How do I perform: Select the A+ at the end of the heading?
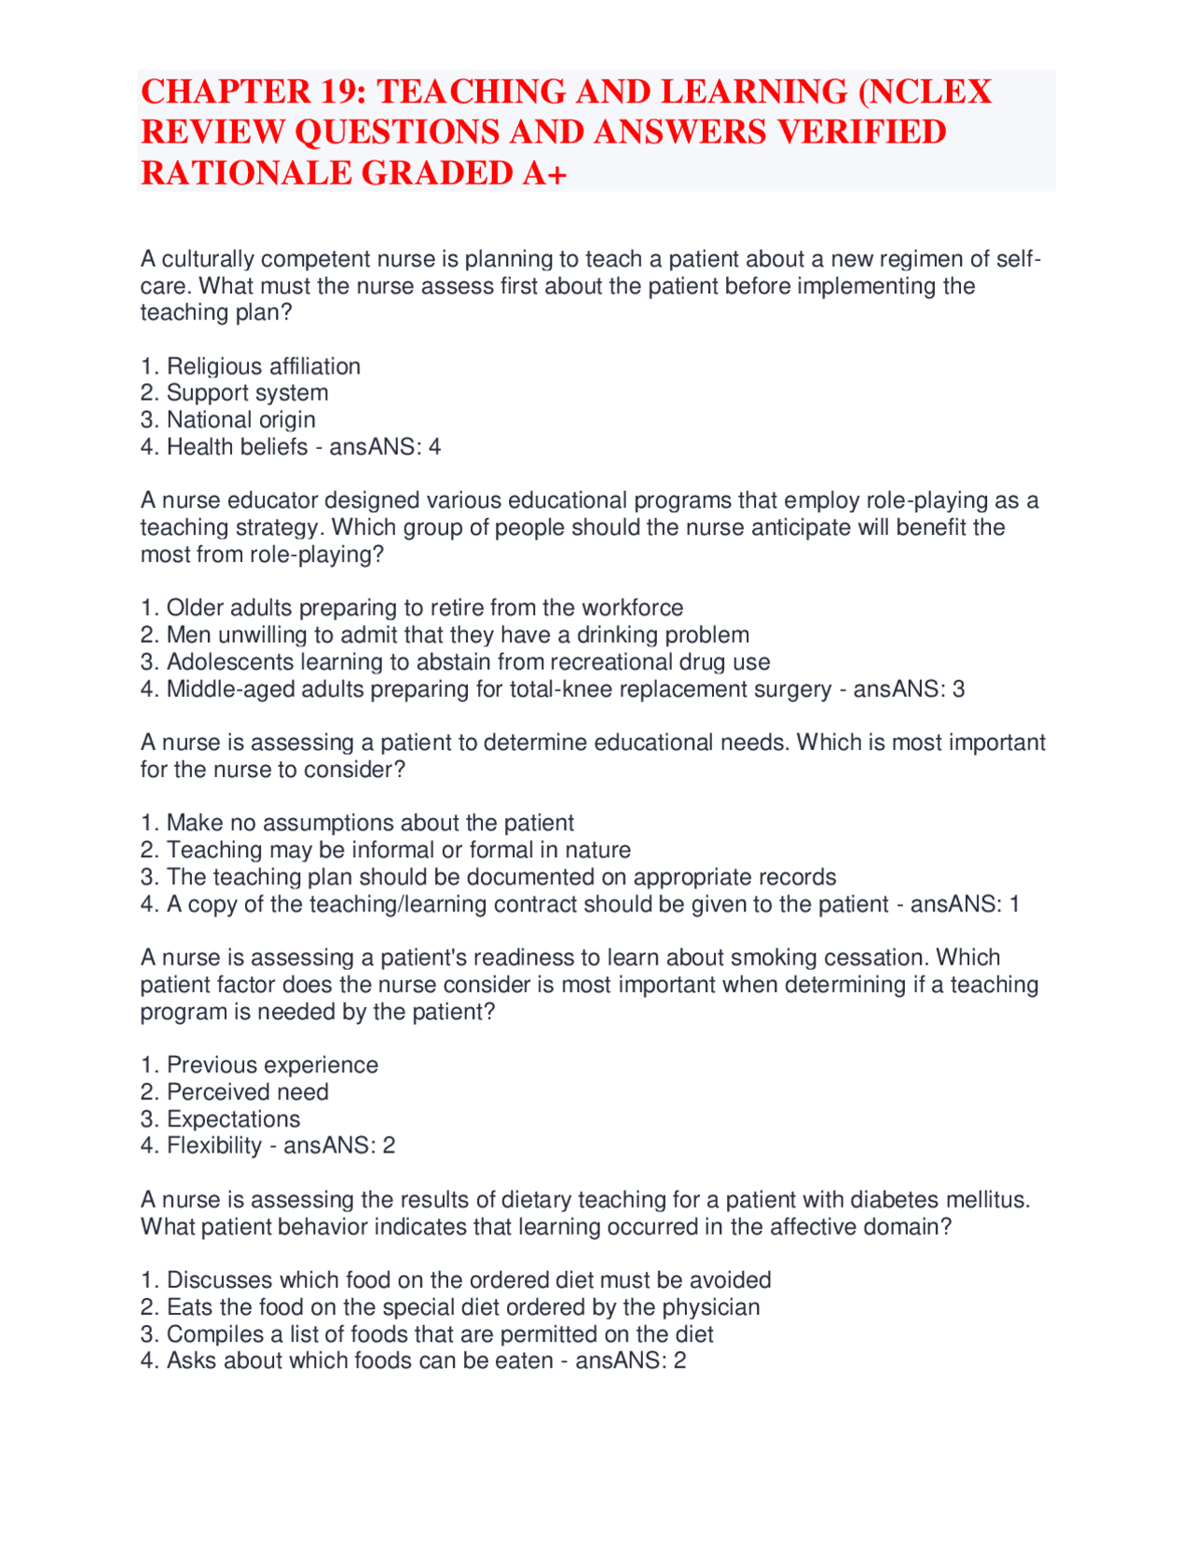click(544, 173)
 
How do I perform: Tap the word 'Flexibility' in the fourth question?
click(214, 1146)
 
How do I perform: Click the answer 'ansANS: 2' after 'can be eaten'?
click(630, 1361)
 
